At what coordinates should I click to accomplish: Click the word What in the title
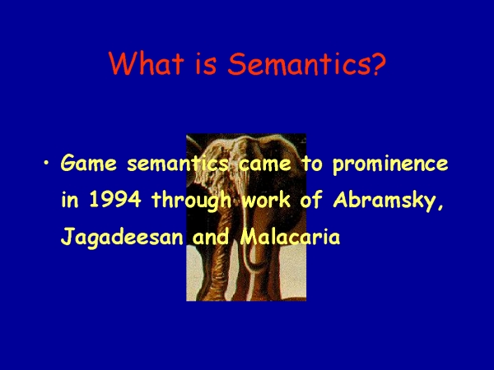point(147,63)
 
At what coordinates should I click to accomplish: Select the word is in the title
point(206,63)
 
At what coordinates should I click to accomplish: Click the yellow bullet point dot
point(47,163)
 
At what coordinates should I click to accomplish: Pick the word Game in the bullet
point(89,164)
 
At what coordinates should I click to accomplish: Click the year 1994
point(115,200)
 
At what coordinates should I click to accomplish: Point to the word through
point(192,201)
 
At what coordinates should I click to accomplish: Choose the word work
point(266,200)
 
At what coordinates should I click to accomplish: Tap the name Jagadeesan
point(122,238)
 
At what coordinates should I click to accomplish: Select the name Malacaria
point(290,237)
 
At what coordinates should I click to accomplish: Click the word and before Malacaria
point(211,237)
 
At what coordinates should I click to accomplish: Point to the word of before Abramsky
point(311,200)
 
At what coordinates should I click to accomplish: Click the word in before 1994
point(70,200)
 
